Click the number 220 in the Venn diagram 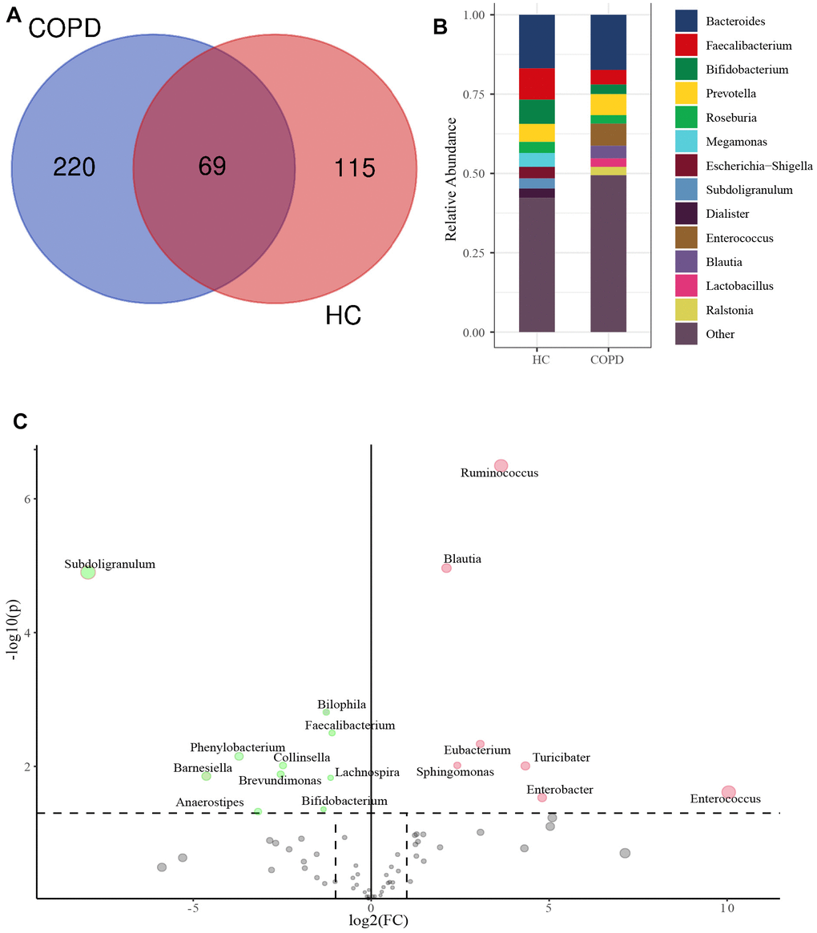click(x=74, y=167)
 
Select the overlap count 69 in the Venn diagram click(x=212, y=167)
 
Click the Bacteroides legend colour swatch click(x=689, y=22)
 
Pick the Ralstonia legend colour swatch click(x=689, y=310)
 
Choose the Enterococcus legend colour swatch click(x=689, y=238)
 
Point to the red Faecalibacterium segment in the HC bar click(x=537, y=83)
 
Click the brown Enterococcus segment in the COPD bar click(x=608, y=135)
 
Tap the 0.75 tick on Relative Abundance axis click(x=480, y=95)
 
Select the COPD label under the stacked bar click(x=608, y=360)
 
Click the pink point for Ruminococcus click(x=501, y=465)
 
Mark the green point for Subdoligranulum click(x=88, y=572)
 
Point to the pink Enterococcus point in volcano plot click(x=728, y=792)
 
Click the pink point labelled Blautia click(x=447, y=568)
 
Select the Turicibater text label click(x=561, y=758)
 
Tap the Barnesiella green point click(x=206, y=776)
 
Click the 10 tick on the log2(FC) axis click(x=726, y=909)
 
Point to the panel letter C click(x=22, y=420)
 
